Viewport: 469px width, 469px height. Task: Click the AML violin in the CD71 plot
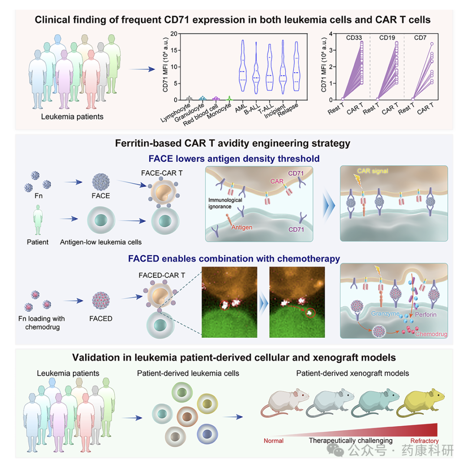(243, 66)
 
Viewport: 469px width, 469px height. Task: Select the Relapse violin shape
(296, 66)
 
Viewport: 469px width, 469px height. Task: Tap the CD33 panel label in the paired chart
(354, 38)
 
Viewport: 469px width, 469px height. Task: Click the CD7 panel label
(420, 38)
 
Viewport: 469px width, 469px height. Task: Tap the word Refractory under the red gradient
(424, 441)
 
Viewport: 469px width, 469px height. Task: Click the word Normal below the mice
(274, 441)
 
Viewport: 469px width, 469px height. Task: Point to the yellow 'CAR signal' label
(373, 171)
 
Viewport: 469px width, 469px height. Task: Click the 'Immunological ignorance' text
(225, 203)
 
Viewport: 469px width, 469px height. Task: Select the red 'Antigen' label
(242, 227)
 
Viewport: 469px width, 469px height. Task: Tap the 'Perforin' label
(426, 314)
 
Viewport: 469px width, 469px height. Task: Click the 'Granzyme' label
(385, 314)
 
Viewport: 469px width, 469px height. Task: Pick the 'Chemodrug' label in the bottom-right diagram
(431, 334)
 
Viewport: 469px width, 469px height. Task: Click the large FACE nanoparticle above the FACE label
(101, 182)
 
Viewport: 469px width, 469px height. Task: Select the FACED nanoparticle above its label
(101, 301)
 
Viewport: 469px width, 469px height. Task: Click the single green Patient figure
(38, 220)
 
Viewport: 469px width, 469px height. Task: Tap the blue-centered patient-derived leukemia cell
(207, 434)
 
